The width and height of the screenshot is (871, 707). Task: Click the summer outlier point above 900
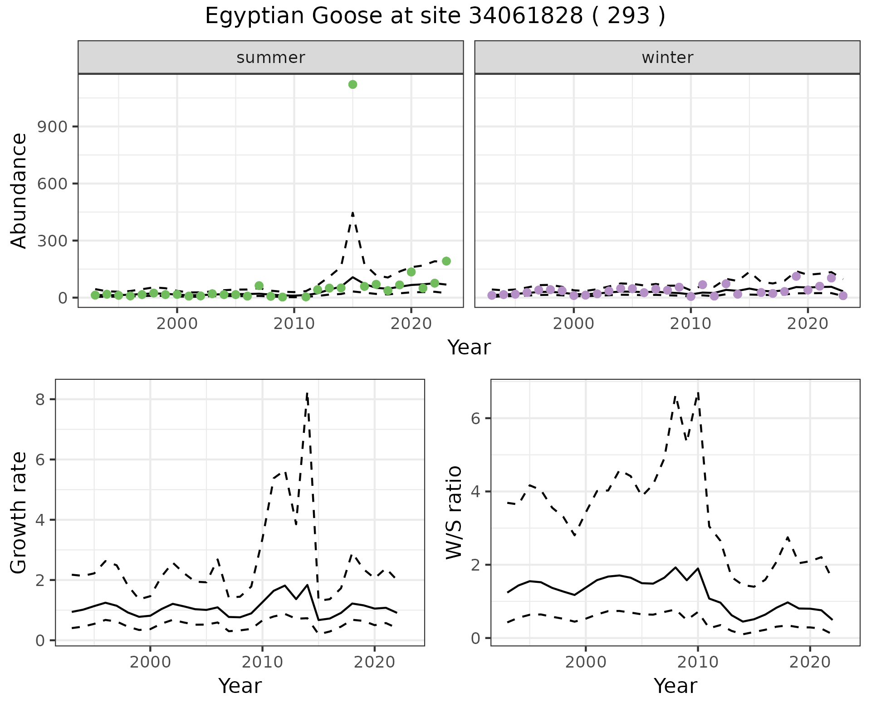coord(352,84)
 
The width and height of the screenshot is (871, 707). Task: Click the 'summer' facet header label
coord(271,58)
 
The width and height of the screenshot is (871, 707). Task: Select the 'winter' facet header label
coord(667,58)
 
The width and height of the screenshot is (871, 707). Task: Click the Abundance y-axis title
coord(19,191)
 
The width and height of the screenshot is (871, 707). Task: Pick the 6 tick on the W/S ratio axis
coord(475,418)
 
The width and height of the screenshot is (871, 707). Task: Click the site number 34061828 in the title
coord(525,16)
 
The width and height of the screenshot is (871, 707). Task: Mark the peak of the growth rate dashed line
coord(307,393)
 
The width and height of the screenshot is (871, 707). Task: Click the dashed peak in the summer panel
coord(352,212)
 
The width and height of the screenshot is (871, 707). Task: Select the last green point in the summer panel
coord(446,261)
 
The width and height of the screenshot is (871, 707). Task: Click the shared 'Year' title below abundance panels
coord(469,348)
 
